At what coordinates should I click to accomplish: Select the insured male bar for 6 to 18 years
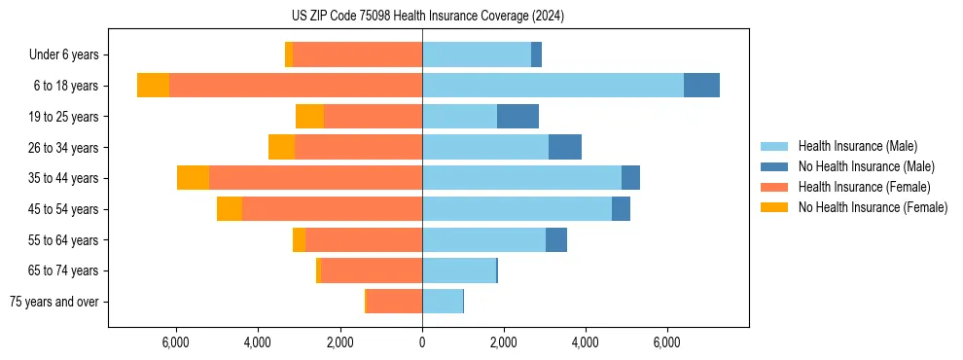coord(553,86)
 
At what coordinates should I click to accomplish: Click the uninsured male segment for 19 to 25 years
coord(517,117)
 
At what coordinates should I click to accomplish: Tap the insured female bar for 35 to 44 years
coord(315,178)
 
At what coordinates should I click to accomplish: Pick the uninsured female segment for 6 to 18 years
coord(153,86)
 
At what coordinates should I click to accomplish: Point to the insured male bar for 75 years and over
coord(443,302)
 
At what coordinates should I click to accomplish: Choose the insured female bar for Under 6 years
coord(357,54)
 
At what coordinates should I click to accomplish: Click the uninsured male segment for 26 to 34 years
coord(565,147)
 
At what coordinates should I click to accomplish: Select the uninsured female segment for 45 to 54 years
coord(230,209)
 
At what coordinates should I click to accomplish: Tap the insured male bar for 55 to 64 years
coord(483,240)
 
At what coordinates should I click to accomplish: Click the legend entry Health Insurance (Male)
coord(856,146)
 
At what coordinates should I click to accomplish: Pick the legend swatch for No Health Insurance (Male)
coord(775,166)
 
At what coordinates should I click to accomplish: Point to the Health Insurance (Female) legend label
coord(865,187)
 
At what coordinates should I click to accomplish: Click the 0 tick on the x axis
coord(422,342)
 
